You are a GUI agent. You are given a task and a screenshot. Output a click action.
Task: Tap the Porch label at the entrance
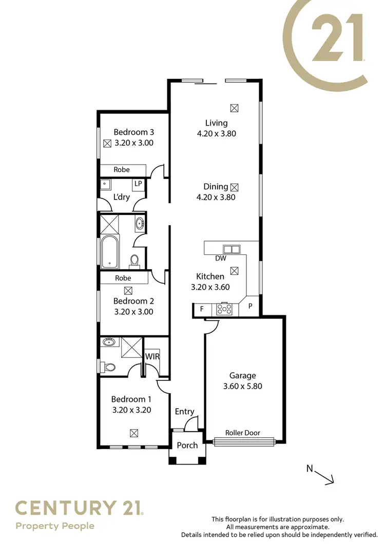(187, 445)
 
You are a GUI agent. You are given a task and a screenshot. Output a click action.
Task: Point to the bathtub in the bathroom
(109, 252)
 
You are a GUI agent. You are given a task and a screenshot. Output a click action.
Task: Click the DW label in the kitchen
(221, 258)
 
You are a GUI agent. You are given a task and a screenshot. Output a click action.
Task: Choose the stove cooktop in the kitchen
(224, 309)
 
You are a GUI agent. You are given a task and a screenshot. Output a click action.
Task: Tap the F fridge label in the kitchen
(202, 309)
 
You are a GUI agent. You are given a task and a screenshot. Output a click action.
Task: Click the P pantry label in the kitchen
(251, 306)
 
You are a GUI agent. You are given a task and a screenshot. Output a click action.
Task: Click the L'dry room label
(122, 197)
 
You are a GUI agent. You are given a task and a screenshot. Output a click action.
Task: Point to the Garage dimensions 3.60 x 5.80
(243, 386)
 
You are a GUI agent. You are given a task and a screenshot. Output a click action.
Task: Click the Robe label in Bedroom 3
(122, 170)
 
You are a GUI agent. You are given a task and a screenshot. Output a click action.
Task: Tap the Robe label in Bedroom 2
(123, 278)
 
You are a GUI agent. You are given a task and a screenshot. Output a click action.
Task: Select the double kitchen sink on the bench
(230, 250)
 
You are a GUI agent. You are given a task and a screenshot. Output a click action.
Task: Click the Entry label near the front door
(184, 411)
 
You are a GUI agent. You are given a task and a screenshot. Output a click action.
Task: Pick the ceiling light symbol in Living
(234, 108)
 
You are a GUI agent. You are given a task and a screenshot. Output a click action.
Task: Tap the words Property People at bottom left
(55, 526)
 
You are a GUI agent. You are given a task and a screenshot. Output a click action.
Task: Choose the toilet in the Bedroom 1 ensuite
(108, 366)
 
